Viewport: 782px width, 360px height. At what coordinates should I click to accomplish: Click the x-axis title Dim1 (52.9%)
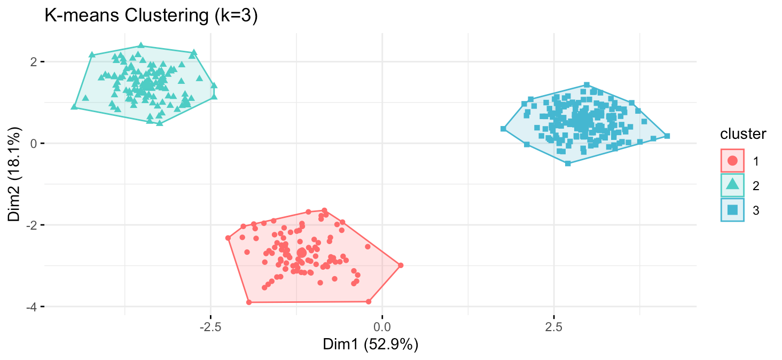tap(370, 345)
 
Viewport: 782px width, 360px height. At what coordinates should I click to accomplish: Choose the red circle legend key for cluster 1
tap(733, 160)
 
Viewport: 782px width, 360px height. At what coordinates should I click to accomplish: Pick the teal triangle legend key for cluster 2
tap(733, 185)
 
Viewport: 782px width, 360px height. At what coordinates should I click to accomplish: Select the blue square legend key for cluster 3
tap(733, 210)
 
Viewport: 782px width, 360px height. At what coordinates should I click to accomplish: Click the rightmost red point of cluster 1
tap(401, 265)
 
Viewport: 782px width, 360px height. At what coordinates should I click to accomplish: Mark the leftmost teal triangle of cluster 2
tap(74, 107)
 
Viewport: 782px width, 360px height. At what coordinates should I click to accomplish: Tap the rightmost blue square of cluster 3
tap(667, 136)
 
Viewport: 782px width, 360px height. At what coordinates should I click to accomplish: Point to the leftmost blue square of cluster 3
tap(503, 129)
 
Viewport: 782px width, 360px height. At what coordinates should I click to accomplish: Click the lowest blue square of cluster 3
tap(568, 163)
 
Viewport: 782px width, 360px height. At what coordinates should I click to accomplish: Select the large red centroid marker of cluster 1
tap(302, 252)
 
